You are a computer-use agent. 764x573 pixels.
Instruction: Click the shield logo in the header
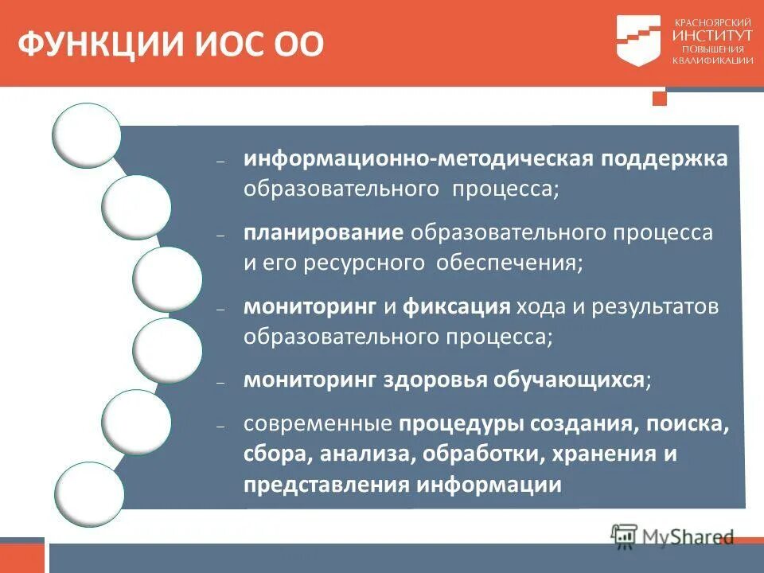638,40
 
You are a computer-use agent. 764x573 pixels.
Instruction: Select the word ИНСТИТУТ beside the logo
712,36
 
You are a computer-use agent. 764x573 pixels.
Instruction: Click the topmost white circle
86,136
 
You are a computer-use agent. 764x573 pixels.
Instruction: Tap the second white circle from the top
136,208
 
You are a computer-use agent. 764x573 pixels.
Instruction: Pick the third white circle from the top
167,279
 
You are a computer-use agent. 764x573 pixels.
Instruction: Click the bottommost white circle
89,493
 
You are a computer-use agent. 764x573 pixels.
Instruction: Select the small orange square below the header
658,98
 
